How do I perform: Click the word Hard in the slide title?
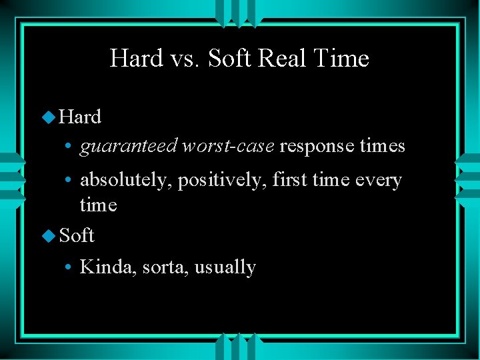(135, 59)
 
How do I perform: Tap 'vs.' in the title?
(183, 59)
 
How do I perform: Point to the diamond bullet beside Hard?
(48, 117)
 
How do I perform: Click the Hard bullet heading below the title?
(80, 117)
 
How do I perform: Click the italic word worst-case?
(228, 146)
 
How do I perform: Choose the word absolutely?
(125, 180)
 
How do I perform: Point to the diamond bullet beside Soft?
(48, 236)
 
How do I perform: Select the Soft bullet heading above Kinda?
(77, 235)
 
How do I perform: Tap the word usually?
(225, 268)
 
